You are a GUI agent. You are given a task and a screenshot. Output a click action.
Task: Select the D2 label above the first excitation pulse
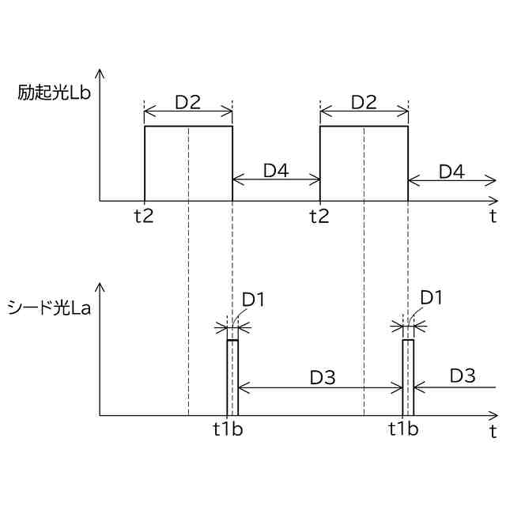188,102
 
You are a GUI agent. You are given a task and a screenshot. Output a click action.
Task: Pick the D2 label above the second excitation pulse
364,102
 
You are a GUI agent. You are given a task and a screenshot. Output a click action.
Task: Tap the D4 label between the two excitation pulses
277,170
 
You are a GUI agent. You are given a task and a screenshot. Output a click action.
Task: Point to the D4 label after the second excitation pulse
452,170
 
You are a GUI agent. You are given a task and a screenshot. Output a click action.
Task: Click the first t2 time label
144,216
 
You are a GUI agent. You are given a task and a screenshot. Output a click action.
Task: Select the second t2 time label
319,216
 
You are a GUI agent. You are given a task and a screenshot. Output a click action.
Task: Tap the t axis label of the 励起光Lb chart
493,215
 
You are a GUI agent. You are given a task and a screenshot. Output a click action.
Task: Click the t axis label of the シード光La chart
493,431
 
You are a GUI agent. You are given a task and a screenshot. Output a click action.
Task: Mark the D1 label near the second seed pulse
431,298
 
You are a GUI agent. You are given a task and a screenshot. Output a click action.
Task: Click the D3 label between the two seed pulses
323,378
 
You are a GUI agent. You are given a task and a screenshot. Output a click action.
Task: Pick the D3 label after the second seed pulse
463,376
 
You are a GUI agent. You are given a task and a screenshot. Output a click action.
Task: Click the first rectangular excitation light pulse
188,163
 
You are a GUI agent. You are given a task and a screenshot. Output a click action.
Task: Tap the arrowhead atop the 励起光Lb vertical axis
100,73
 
